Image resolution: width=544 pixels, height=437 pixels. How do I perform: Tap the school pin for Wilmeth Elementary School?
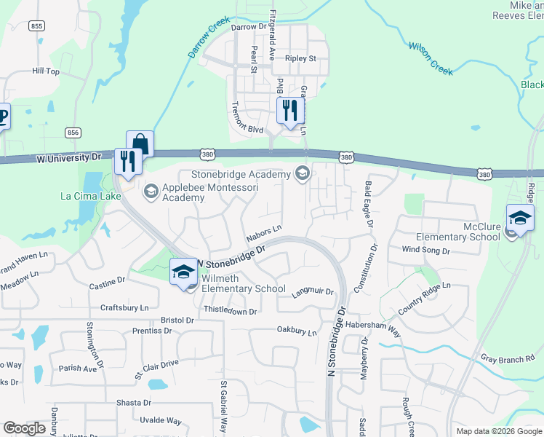coord(183,273)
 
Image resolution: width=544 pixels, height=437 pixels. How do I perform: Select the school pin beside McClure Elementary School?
coord(520,219)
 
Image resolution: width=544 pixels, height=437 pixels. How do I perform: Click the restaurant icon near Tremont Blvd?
coord(289,111)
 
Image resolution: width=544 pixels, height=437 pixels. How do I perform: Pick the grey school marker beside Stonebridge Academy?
coord(301,173)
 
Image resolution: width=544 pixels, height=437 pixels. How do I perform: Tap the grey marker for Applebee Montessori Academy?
coord(151,192)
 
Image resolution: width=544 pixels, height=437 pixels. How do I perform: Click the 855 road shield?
coord(37,26)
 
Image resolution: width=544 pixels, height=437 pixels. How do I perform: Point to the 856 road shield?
coord(72,133)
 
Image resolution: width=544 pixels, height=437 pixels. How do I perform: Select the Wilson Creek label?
coord(431,58)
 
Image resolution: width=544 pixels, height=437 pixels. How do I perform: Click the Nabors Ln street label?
coord(263,232)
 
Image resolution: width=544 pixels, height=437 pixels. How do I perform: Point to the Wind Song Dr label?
coord(426,250)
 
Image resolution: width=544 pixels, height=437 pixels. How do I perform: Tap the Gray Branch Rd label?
coord(508,358)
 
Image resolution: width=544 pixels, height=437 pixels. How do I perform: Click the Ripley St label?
coord(301,58)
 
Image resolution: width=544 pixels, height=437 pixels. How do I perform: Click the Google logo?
coord(24,428)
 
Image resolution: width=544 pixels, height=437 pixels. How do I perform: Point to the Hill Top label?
coord(46,71)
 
